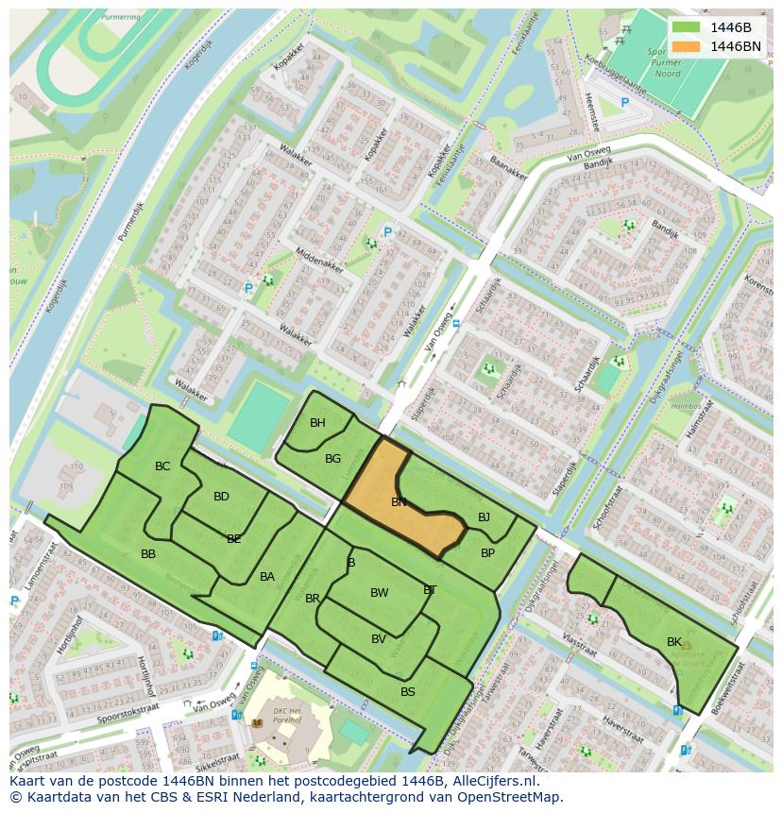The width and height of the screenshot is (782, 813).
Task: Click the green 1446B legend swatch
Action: (x=687, y=26)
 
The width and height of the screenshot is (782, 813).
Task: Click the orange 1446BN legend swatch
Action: (x=687, y=46)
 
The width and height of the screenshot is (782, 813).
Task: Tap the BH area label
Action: (x=317, y=423)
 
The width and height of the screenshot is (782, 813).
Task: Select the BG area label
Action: (x=332, y=459)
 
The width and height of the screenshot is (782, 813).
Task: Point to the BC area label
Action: (x=162, y=466)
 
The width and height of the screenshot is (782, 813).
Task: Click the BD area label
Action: (x=221, y=497)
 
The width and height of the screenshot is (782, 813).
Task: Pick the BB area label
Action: (x=148, y=554)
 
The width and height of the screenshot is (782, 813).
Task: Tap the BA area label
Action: (x=267, y=577)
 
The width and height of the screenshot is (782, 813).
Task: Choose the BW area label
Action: (x=379, y=593)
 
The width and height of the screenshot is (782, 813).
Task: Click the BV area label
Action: (x=378, y=639)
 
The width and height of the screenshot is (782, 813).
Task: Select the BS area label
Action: (x=408, y=692)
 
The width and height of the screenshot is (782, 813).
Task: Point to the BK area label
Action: (x=674, y=642)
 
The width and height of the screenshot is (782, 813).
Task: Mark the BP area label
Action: (x=487, y=553)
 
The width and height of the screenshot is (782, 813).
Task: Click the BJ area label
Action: (x=484, y=517)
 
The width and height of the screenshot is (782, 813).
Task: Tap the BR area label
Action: (x=313, y=599)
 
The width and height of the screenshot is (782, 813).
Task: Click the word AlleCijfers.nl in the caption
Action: (x=493, y=782)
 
